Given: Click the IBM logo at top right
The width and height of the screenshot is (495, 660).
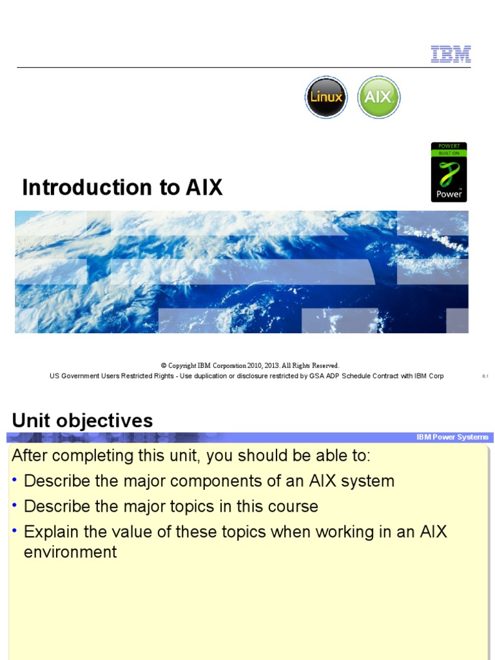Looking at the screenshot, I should (x=451, y=54).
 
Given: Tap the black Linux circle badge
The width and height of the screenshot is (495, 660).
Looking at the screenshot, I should (x=326, y=97).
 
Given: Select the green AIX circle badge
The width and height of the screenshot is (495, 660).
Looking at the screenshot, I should (x=378, y=97).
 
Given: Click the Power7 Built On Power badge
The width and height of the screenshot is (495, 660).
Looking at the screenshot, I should (x=449, y=172).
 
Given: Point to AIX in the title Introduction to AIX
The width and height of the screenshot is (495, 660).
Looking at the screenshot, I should (x=204, y=188).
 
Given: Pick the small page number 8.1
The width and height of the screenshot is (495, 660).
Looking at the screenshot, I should (x=485, y=376).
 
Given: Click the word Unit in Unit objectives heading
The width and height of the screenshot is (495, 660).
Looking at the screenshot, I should (x=32, y=421).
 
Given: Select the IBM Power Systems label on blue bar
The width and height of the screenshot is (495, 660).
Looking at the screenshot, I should (x=452, y=437).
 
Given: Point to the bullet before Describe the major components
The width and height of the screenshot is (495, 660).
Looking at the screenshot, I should (x=15, y=481).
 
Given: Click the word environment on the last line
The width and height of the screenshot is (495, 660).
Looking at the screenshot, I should (x=70, y=552).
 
